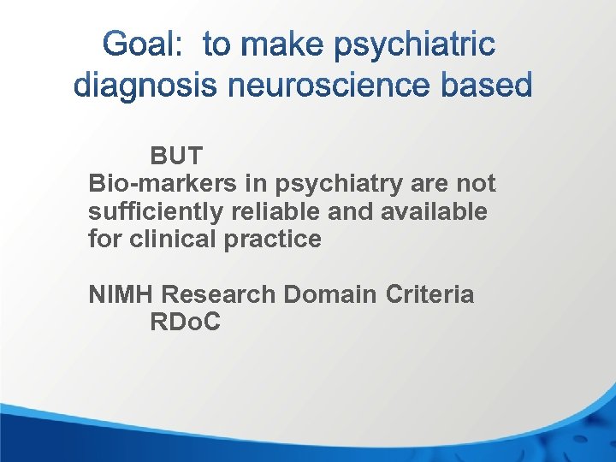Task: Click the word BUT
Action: tap(176, 156)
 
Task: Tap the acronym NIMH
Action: tap(121, 294)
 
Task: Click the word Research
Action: tap(218, 294)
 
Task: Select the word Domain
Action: tap(329, 294)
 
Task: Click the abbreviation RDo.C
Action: tap(185, 323)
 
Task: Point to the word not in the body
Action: tap(477, 183)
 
